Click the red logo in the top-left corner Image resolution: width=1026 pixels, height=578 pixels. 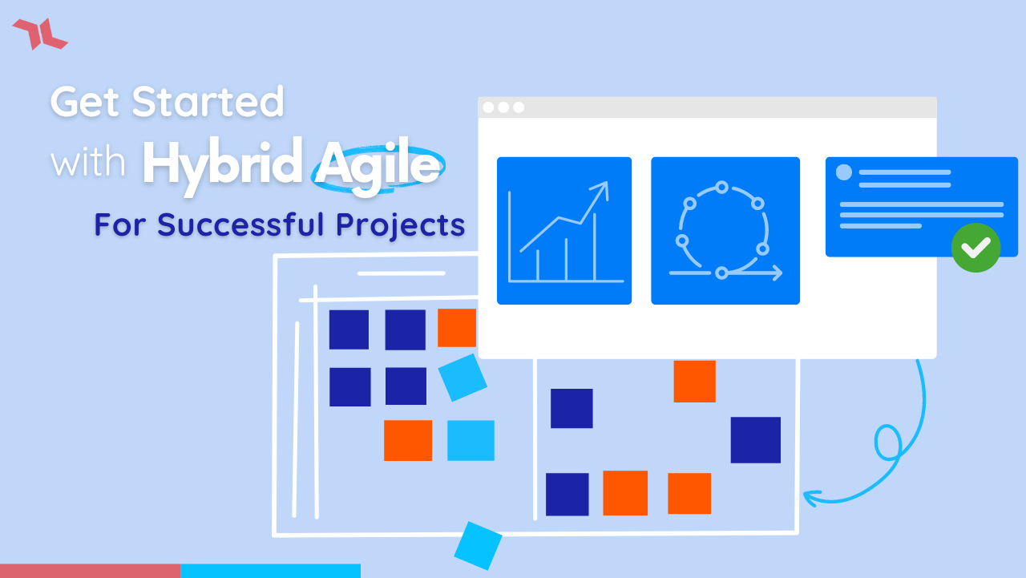click(x=39, y=34)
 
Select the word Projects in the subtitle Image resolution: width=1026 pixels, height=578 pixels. click(x=400, y=225)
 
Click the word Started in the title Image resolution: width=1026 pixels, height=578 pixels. click(x=208, y=103)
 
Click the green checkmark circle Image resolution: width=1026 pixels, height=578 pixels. click(x=976, y=248)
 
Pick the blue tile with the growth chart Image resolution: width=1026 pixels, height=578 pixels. click(x=563, y=231)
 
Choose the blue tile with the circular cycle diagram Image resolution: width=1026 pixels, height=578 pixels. click(x=725, y=231)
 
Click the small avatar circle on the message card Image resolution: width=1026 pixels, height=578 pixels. click(x=844, y=172)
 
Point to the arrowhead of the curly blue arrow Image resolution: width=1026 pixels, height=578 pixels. click(x=810, y=497)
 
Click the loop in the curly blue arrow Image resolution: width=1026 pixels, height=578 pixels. click(x=887, y=443)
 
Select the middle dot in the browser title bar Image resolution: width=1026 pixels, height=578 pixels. click(x=503, y=107)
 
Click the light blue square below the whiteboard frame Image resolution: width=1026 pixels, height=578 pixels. click(x=478, y=546)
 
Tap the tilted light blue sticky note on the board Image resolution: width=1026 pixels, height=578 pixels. click(x=463, y=378)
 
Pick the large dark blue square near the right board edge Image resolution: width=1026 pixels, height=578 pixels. click(x=755, y=440)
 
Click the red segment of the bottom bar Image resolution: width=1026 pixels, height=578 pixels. click(x=90, y=571)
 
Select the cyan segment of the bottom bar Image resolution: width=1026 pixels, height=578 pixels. click(x=270, y=571)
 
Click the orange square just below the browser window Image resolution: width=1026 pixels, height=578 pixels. click(x=694, y=381)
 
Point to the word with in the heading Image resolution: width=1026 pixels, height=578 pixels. click(x=88, y=163)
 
